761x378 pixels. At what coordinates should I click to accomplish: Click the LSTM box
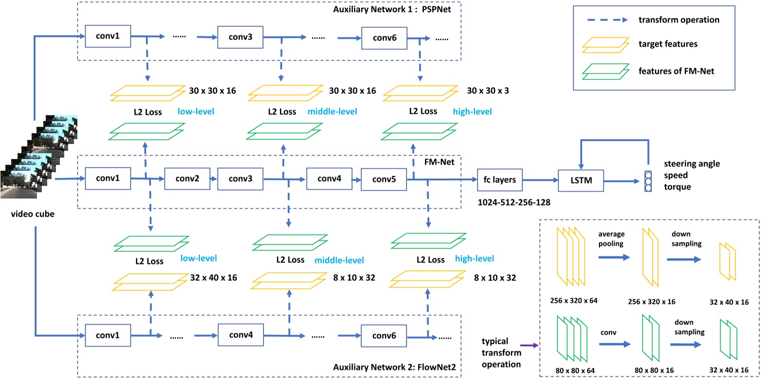581,180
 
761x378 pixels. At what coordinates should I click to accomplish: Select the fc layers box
500,180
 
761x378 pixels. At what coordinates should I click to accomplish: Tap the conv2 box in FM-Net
187,179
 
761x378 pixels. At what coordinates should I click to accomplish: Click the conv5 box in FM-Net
384,179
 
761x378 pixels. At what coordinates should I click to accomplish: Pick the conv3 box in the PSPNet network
240,37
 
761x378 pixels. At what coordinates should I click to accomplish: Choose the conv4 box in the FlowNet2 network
241,335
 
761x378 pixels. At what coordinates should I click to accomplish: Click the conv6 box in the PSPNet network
384,38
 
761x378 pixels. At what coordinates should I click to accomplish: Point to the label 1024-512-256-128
514,203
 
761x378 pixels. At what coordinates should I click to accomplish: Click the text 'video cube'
33,214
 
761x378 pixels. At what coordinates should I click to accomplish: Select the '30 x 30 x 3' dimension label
488,91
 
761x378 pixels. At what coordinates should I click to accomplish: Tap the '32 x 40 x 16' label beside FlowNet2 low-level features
213,278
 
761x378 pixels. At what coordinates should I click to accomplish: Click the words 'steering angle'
692,164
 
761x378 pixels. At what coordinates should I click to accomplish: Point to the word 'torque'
677,187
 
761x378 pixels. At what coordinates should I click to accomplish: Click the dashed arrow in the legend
608,20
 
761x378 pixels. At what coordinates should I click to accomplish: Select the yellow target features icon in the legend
606,45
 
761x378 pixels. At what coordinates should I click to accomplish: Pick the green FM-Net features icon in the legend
606,72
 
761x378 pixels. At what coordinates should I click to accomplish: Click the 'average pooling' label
611,239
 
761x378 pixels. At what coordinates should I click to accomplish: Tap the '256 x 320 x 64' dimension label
574,301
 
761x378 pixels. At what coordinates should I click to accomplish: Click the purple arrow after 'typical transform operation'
529,346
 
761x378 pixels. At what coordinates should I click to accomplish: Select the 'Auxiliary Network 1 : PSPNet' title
392,9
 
